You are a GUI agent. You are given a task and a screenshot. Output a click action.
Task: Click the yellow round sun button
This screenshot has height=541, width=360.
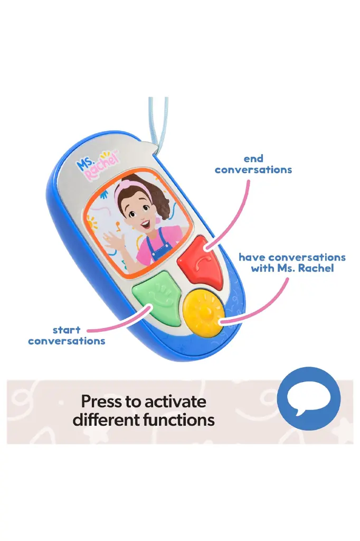tap(204, 312)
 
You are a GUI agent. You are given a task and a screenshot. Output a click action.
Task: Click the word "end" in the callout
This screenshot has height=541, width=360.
tap(253, 158)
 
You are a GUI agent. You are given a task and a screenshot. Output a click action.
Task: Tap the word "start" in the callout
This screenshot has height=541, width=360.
tap(67, 330)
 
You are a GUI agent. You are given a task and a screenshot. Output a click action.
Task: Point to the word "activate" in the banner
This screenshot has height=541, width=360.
tap(176, 402)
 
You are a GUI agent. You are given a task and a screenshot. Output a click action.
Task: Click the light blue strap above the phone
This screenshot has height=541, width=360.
tap(158, 119)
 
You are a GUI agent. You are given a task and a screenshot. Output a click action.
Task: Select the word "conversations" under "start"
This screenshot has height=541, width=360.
tap(67, 341)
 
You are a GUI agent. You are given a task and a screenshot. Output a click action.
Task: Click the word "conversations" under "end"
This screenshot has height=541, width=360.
tap(253, 170)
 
